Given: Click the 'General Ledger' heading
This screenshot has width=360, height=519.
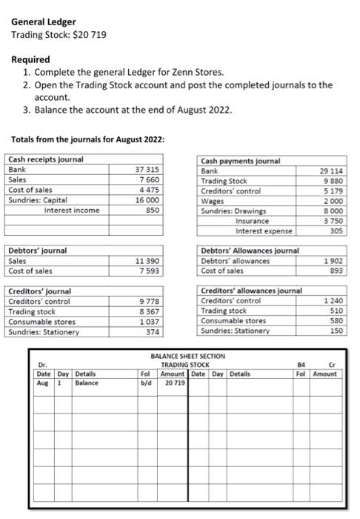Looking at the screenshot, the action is [42, 22].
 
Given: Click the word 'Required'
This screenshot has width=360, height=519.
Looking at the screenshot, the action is [30, 59].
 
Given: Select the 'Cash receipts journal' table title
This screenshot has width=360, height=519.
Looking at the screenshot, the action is [45, 159].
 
